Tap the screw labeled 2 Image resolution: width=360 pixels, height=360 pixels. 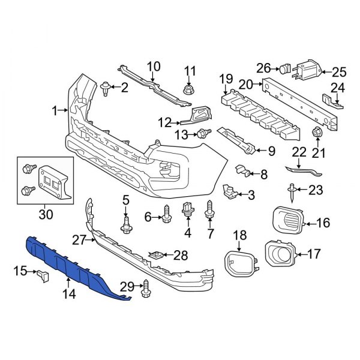(107, 88)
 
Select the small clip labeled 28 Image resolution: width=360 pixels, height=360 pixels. (156, 256)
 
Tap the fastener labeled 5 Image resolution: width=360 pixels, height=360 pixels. (126, 224)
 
